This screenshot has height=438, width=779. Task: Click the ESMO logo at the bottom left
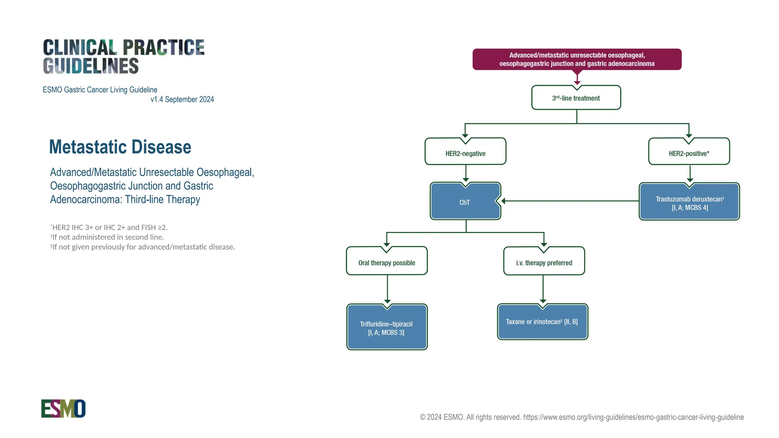63,409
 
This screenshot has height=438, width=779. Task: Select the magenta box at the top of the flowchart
577,59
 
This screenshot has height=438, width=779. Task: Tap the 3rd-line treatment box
576,98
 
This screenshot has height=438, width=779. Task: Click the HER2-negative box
465,153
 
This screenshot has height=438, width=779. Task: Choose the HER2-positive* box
689,153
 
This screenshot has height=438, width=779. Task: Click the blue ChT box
465,202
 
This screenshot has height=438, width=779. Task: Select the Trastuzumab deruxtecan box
689,203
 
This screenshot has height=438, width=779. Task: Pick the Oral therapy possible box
386,263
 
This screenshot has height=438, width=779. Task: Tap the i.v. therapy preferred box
544,263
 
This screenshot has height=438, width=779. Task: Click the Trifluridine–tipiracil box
386,328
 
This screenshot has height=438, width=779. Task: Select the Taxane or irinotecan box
542,322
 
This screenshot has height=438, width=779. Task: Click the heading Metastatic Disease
120,147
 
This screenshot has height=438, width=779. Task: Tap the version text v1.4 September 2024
182,99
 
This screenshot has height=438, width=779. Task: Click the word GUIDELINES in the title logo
91,66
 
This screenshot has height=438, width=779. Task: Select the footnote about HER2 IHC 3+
109,227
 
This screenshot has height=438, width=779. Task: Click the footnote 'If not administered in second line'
107,237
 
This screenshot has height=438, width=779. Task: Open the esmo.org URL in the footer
633,417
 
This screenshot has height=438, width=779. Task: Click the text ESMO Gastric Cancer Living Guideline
100,90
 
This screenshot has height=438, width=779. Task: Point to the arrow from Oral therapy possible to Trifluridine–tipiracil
387,289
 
